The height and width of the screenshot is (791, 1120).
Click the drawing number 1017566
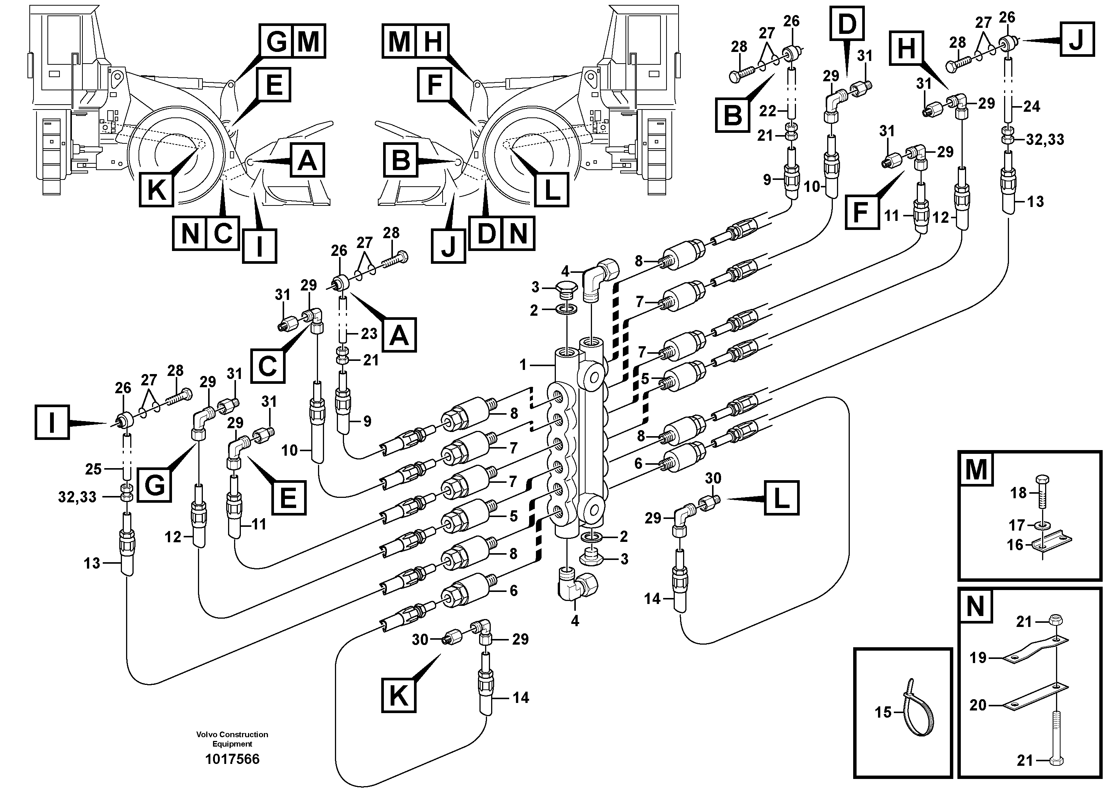coord(232,759)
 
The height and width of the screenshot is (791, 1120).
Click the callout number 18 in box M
coord(1018,493)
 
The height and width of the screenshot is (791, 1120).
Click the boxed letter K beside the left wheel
coord(156,190)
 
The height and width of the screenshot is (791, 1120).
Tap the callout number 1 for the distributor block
coord(523,364)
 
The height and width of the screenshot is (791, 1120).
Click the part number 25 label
coord(93,469)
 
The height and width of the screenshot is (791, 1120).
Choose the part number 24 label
coord(1031,106)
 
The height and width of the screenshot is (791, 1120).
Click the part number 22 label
coord(767,111)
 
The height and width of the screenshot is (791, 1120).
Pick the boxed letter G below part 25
coord(154,485)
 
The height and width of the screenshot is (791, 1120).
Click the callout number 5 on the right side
coord(645,379)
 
